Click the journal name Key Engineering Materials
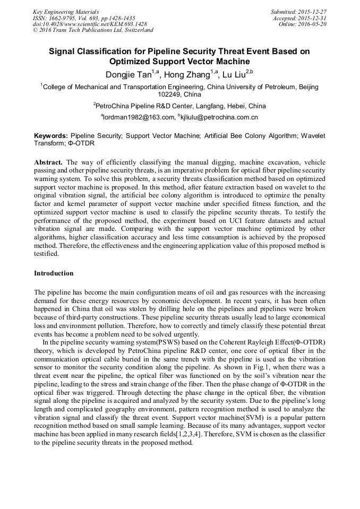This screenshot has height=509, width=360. click(66, 12)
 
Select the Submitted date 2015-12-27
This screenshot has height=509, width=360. click(314, 12)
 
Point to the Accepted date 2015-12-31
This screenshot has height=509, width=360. click(314, 18)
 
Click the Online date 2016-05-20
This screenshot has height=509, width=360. click(314, 24)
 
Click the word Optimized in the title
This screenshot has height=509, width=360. click(150, 62)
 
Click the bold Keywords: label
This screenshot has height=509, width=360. click(51, 136)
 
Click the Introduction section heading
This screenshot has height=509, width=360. click(54, 273)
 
